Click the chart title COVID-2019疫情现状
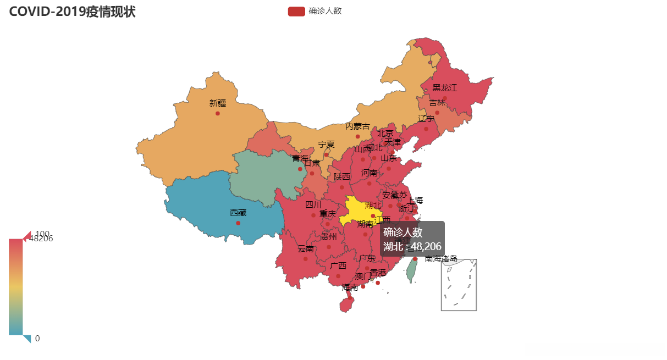point(72,12)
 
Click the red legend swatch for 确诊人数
point(296,12)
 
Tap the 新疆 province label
point(217,103)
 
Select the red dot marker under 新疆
point(218,113)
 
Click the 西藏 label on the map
point(238,212)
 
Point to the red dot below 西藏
point(238,223)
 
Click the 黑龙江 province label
point(444,88)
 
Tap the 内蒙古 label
point(357,126)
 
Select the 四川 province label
point(313,205)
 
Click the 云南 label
point(306,249)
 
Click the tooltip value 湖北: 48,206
point(412,247)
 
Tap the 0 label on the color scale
point(37,339)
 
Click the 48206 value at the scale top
point(42,239)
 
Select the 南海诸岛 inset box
point(459,285)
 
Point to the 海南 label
point(350,287)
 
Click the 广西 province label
point(338,266)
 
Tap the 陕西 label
point(341,177)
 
